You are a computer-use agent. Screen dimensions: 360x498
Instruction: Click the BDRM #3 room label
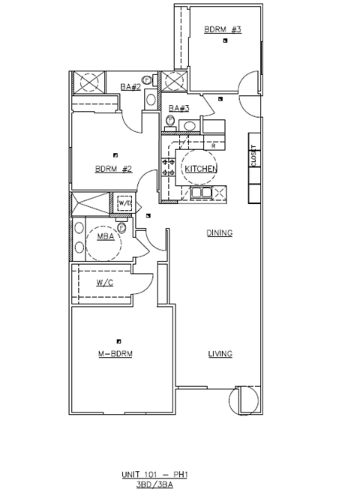coord(223,29)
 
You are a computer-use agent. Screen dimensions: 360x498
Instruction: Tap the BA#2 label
coord(130,87)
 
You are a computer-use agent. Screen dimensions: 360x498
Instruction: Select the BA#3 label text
coord(179,108)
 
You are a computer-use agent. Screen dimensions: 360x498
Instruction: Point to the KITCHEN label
coord(201,169)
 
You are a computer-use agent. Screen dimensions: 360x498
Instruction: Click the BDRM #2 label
coord(113,169)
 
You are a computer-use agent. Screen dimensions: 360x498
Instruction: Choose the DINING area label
coord(220,232)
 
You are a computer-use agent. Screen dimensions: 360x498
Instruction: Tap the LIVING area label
coord(220,354)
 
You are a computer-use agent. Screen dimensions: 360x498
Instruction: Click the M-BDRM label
coord(115,354)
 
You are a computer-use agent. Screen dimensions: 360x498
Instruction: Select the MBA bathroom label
coord(106,236)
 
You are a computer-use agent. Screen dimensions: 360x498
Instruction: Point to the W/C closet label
coord(104,283)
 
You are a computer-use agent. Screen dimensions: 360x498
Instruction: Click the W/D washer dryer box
coord(124,203)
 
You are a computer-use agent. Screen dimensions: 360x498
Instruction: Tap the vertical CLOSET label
coord(253,156)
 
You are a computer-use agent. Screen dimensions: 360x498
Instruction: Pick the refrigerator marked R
coord(214,145)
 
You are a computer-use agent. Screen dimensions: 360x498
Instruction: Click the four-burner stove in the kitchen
coord(168,167)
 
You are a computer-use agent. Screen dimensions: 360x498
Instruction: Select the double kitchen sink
coord(201,193)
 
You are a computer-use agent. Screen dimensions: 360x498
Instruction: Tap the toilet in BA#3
coord(171,121)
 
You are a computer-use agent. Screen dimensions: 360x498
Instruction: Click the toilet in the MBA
coord(121,226)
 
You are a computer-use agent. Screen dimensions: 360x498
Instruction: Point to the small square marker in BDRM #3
coord(225,40)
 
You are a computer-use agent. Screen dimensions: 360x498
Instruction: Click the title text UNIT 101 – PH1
coord(154,475)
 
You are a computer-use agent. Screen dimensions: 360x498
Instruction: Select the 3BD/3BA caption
coord(154,485)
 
